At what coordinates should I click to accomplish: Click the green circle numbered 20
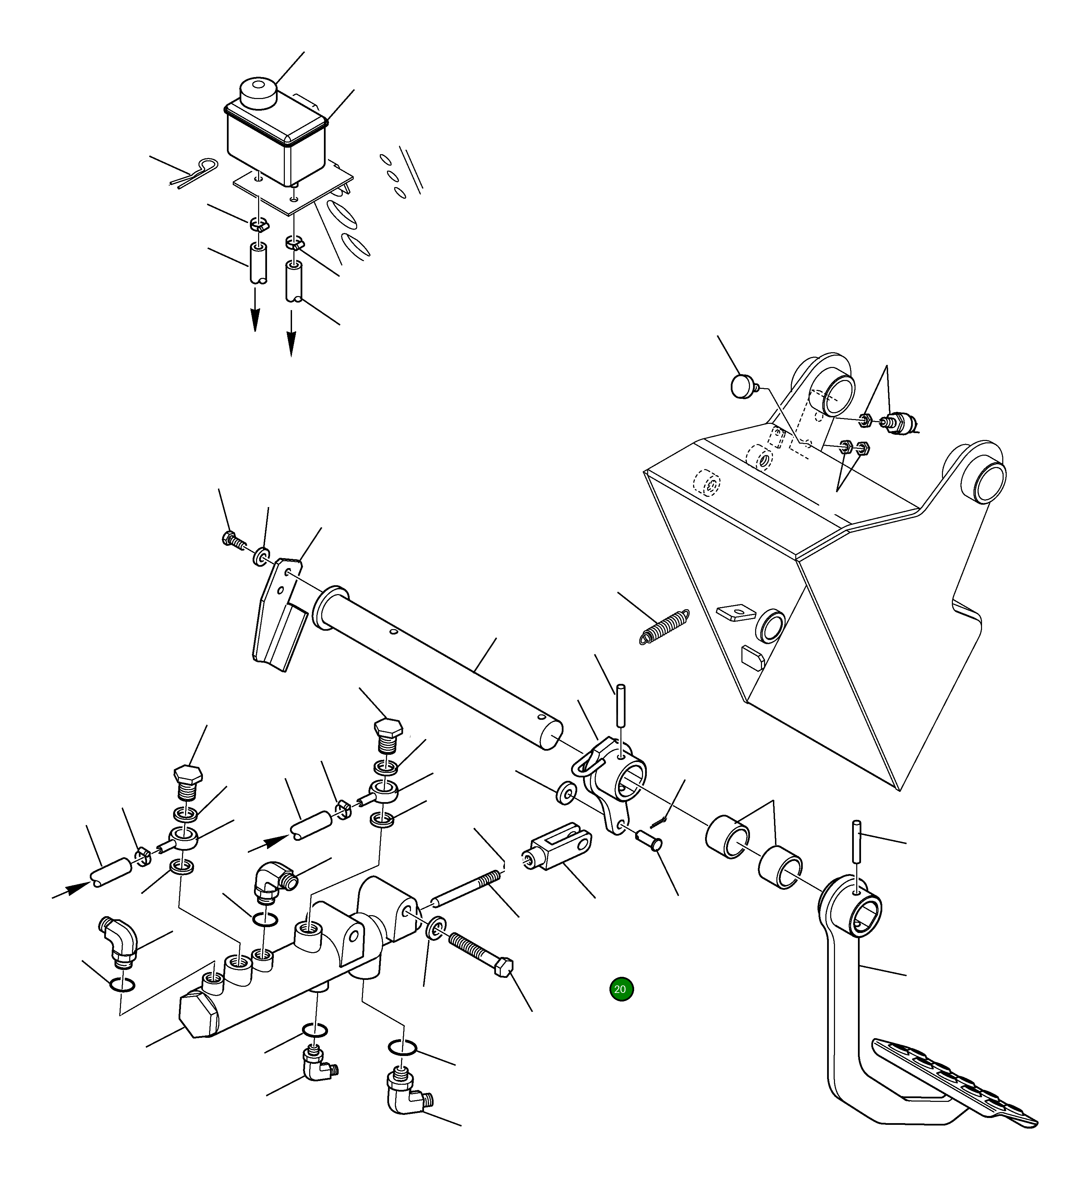coord(621,989)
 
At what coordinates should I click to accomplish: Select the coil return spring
coord(665,625)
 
